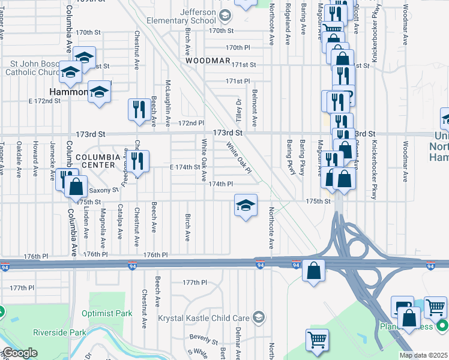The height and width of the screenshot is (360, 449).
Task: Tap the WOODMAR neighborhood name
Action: pyautogui.click(x=208, y=61)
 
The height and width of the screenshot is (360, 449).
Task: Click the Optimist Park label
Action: pyautogui.click(x=115, y=313)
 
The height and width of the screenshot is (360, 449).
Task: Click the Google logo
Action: pyautogui.click(x=19, y=353)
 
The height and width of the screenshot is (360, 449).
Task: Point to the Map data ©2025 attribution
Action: pyautogui.click(x=423, y=355)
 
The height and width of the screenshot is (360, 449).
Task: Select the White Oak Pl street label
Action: pyautogui.click(x=238, y=158)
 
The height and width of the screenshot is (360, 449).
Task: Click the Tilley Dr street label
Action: pyautogui.click(x=237, y=110)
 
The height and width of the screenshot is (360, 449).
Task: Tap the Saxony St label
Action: pyautogui.click(x=100, y=190)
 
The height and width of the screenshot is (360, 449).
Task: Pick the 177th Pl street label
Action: pyautogui.click(x=194, y=282)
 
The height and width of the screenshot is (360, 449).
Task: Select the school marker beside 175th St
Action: pyautogui.click(x=245, y=205)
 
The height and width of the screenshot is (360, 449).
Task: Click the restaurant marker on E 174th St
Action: pyautogui.click(x=139, y=161)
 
